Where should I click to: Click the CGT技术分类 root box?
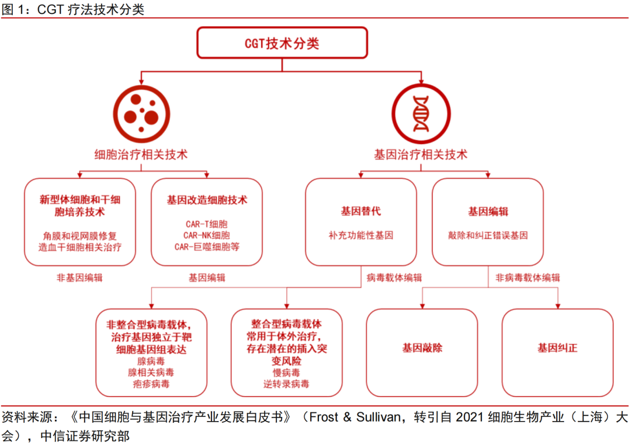282,43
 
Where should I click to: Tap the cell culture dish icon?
141,114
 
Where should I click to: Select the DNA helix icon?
421,114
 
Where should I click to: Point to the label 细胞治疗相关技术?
141,155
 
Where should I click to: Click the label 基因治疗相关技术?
421,155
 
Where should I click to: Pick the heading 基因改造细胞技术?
207,200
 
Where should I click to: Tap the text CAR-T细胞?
206,224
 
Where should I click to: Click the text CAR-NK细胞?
206,235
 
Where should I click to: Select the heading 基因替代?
360,211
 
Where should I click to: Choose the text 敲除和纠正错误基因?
488,235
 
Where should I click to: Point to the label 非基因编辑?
79,277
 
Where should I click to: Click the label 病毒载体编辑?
394,277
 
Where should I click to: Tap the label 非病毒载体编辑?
528,277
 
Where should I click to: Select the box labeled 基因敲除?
422,353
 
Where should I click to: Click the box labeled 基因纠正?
558,353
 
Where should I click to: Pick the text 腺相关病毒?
151,373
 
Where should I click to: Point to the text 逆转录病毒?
286,384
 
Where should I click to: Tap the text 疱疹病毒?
151,384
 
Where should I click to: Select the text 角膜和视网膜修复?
79,236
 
